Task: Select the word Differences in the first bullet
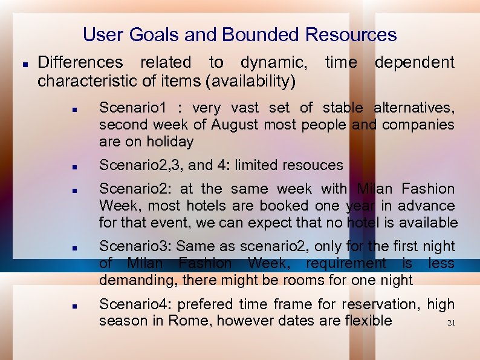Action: point(80,62)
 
